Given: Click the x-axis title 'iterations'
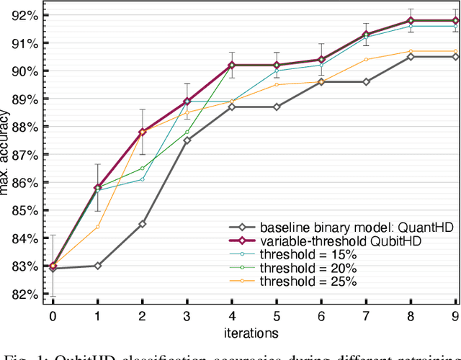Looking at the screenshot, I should point(254,333).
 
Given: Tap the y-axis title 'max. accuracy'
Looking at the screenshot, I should point(6,154).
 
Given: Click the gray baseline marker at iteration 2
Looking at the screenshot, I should point(142,224).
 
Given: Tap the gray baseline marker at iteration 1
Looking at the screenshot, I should point(97,266).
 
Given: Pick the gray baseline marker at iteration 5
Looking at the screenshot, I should point(277,107).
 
